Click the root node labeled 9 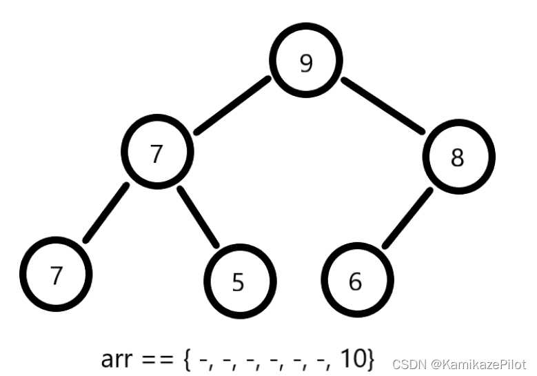(x=306, y=63)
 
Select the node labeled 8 (x=458, y=158)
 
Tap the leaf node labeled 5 (x=239, y=281)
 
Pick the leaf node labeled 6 (x=356, y=281)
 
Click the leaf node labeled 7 (x=57, y=275)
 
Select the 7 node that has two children (x=156, y=152)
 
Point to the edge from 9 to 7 (x=232, y=105)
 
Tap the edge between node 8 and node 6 (x=407, y=218)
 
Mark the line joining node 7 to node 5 (x=198, y=217)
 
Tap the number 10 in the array (x=352, y=359)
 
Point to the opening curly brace (x=188, y=359)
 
